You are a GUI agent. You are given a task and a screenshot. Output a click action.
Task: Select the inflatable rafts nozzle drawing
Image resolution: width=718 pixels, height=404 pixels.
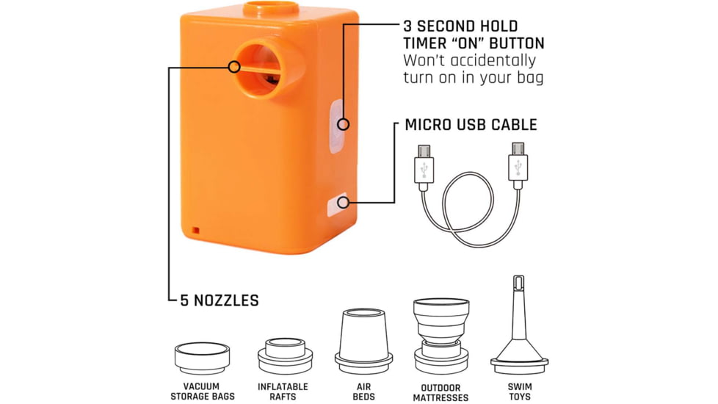[x=285, y=356]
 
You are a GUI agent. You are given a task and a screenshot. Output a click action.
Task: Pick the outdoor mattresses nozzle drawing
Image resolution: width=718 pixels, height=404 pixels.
[x=441, y=336]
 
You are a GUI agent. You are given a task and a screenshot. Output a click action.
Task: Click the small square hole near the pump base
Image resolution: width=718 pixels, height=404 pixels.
[x=195, y=231]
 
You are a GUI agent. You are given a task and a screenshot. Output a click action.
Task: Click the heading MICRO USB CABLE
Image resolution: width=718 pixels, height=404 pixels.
[x=471, y=125]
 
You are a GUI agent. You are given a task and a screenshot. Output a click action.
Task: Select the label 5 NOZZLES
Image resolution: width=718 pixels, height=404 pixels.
[x=220, y=300]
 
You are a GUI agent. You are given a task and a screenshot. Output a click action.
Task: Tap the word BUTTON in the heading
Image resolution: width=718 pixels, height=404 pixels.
[x=517, y=43]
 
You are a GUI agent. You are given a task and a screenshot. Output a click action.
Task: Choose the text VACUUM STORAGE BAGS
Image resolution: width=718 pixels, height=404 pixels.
[x=203, y=392]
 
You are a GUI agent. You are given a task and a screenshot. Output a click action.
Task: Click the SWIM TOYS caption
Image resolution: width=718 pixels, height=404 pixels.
[x=520, y=392]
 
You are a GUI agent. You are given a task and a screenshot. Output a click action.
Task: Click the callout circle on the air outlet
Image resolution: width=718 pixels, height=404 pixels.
[x=234, y=67]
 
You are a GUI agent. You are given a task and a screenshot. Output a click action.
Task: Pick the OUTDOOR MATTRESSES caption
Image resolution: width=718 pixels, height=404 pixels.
[x=440, y=392]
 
